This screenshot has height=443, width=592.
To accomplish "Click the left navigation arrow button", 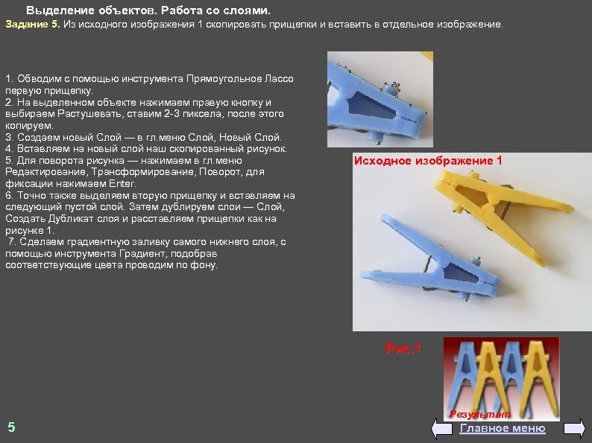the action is [441, 428].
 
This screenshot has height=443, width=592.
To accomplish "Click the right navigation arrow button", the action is [574, 428].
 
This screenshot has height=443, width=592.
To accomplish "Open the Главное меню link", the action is [502, 428].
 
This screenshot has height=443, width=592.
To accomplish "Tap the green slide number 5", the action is [12, 427].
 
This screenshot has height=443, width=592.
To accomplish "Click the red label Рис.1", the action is [403, 348].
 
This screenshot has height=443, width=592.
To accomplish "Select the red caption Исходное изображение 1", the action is [428, 161].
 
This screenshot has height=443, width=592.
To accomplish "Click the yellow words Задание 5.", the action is [33, 25].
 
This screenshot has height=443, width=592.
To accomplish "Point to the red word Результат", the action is [479, 415].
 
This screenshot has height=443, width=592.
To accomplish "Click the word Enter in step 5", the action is [122, 184].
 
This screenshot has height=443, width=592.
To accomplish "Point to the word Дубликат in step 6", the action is [73, 219].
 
